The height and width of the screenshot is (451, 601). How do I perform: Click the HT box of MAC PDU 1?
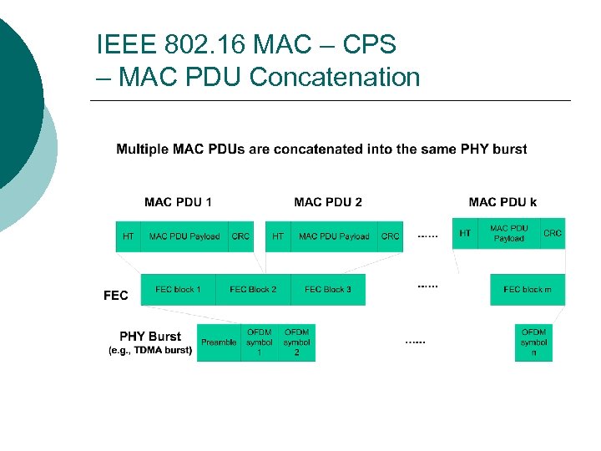pos(128,236)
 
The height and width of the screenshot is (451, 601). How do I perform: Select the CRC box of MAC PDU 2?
pos(391,236)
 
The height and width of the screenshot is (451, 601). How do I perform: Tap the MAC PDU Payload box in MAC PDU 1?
pos(184,236)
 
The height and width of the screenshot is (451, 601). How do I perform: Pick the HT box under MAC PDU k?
pos(465,233)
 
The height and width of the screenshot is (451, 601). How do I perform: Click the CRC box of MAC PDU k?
pos(553,233)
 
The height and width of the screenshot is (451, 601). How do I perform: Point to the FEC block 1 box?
pos(178,289)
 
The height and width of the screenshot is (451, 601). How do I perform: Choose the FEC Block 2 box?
pos(253,289)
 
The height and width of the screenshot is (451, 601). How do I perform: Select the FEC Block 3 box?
pos(328,289)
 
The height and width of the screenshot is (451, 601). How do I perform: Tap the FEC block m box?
pos(528,289)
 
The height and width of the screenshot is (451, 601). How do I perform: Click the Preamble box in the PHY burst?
pos(219,342)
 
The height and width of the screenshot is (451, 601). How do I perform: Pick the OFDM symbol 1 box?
pos(259,342)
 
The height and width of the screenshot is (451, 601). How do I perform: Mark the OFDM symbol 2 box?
pos(296,342)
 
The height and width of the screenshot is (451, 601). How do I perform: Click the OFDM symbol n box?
pos(533,342)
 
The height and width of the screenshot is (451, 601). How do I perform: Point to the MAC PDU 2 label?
pos(328,202)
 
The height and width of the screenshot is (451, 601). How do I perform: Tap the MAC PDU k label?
pos(503,202)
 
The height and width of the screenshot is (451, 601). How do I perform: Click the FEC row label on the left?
pos(115,295)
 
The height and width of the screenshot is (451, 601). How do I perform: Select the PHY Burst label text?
pos(150,337)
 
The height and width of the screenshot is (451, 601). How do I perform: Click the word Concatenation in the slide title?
pos(334,78)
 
